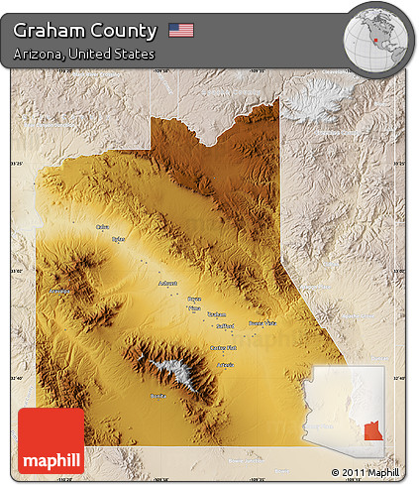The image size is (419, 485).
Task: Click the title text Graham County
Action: [85, 31]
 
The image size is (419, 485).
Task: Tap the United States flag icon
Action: [180, 31]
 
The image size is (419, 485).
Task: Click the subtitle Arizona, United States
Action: [84, 54]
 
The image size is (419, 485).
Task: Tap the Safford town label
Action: [226, 324]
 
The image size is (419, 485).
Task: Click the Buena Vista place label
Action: [262, 323]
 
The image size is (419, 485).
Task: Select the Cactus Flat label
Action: [224, 347]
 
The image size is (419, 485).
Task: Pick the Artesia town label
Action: [225, 365]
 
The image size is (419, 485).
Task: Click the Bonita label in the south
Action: [157, 396]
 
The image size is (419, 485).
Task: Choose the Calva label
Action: [101, 227]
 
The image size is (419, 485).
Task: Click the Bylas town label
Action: [119, 239]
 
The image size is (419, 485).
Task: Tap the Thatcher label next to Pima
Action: [216, 314]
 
